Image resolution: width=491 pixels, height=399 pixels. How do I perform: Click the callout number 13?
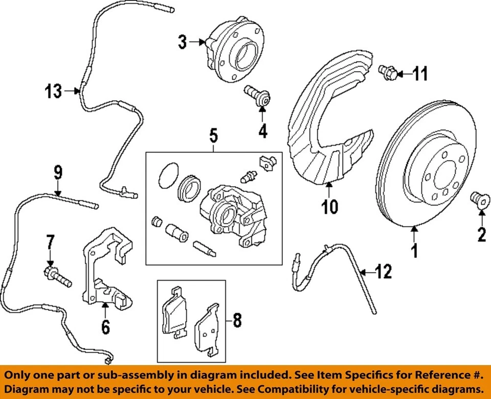click(53, 92)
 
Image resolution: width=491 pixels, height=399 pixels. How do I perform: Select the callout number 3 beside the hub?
click(183, 42)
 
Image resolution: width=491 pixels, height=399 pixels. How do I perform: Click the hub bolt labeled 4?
click(259, 97)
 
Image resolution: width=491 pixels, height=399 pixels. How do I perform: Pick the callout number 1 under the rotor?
click(415, 251)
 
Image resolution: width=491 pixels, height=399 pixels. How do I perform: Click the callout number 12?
click(384, 271)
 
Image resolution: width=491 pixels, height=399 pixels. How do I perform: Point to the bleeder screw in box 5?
click(248, 176)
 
